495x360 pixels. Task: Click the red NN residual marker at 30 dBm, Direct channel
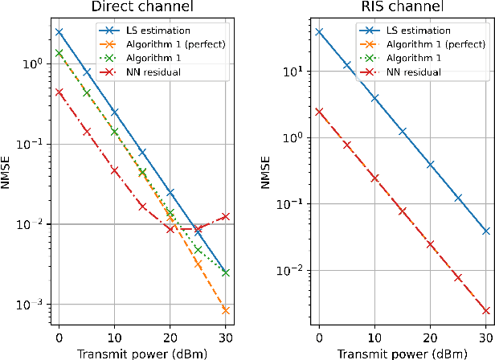227,216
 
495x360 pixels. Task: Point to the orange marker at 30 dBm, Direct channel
227,310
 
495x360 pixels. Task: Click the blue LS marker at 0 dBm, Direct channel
59,32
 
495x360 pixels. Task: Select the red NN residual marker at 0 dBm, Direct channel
59,92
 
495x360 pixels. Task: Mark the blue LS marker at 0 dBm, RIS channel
319,32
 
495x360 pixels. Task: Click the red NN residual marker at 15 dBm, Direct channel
142,207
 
